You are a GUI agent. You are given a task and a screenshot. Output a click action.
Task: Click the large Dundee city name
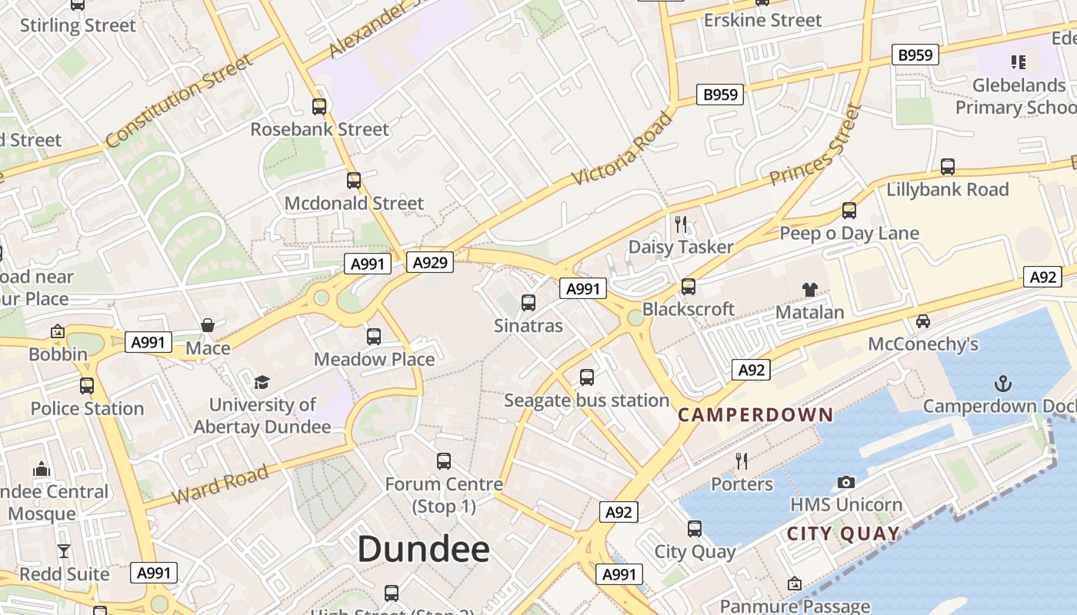[x=423, y=549]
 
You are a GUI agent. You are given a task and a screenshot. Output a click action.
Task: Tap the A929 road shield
[x=429, y=263]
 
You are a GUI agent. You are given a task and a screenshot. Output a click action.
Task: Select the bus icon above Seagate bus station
[x=587, y=377]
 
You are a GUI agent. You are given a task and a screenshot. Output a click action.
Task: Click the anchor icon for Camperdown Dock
[x=1002, y=383]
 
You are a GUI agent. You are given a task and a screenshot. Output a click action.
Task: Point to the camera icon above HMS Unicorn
[x=846, y=482]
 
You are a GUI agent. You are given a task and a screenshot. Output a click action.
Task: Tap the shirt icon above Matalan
[x=809, y=289]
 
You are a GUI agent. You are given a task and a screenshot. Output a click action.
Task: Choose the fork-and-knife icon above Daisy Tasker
[x=681, y=224]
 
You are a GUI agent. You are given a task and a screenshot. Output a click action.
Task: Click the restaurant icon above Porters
[x=742, y=460]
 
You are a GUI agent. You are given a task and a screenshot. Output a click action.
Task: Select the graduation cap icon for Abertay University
[x=262, y=382]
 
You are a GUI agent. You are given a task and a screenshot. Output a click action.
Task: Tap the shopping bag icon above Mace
[x=208, y=326]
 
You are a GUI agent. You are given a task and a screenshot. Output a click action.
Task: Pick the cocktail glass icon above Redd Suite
[x=64, y=551]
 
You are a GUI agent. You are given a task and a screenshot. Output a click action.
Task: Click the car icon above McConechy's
[x=923, y=321]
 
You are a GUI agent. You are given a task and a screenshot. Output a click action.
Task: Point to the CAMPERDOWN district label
[x=755, y=415]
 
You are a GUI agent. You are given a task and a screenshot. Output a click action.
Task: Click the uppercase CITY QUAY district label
[x=843, y=534]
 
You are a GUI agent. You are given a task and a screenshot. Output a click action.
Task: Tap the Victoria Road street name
[x=623, y=149]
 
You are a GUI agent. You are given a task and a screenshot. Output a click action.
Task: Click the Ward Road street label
[x=219, y=484]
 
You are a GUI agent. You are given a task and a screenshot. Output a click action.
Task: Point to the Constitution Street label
[x=179, y=101]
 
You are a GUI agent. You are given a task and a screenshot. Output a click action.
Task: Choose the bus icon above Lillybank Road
[x=948, y=167]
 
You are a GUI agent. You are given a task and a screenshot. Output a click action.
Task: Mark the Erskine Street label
[x=763, y=20]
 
